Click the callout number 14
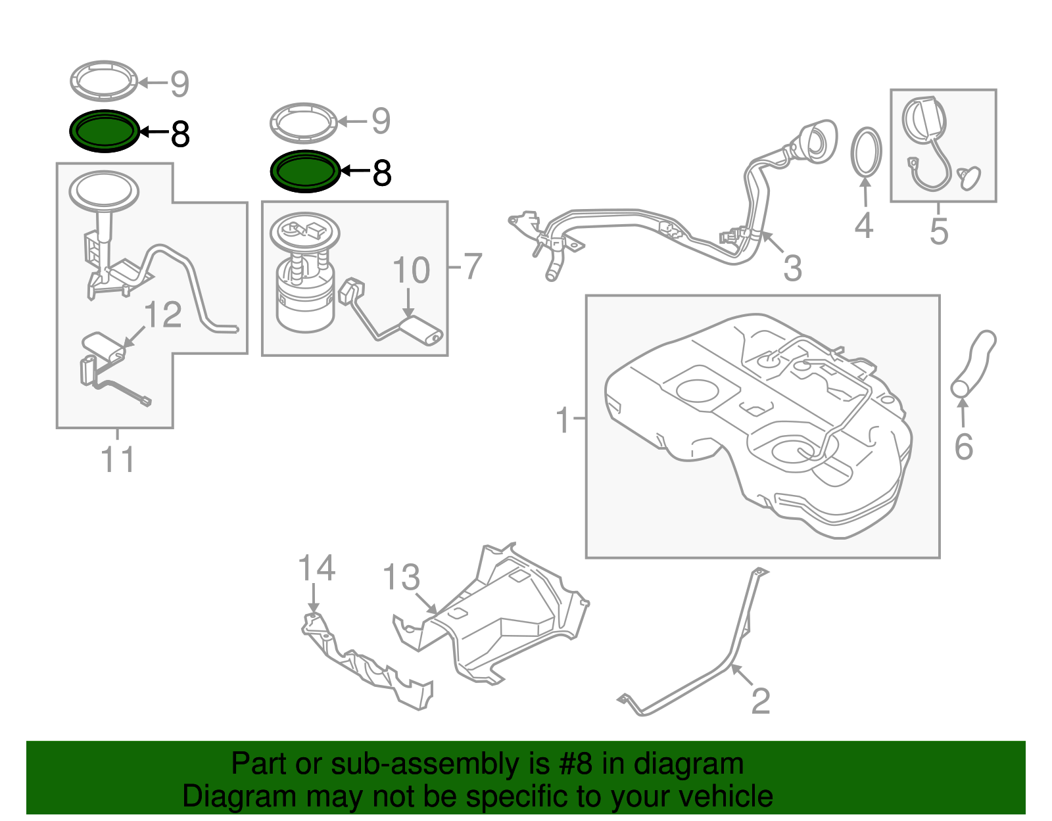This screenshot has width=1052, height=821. (x=316, y=568)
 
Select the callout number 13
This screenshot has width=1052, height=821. (x=401, y=578)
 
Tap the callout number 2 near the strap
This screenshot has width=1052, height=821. (x=760, y=701)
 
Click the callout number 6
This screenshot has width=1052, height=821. (x=963, y=447)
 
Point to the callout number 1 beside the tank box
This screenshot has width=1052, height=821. (x=563, y=419)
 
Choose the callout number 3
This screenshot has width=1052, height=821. (x=792, y=268)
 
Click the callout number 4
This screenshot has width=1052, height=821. (x=863, y=225)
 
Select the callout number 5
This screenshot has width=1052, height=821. (x=939, y=231)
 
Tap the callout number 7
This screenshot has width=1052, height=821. (x=473, y=266)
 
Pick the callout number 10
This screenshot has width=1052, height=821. (x=411, y=270)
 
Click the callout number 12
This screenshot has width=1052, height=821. (x=163, y=315)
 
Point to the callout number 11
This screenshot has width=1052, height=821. (x=118, y=459)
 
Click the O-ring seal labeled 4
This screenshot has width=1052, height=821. (x=866, y=152)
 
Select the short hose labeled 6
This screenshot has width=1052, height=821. (x=973, y=365)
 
